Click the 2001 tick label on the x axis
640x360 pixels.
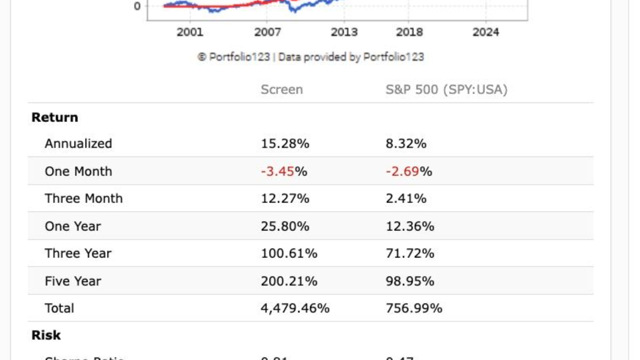tap(190, 32)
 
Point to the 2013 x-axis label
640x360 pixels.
tap(344, 32)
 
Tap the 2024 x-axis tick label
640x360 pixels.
tap(485, 32)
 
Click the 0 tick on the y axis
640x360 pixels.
tap(137, 6)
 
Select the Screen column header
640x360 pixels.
tap(281, 89)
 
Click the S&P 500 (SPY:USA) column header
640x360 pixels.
tap(446, 89)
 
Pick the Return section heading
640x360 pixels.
tap(54, 117)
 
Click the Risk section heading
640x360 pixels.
tap(46, 335)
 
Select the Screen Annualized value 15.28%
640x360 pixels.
tap(284, 144)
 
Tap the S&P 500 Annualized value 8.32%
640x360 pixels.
tap(405, 144)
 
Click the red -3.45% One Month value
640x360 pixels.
tap(283, 171)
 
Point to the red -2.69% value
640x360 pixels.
tap(408, 171)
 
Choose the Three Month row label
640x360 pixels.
tap(83, 198)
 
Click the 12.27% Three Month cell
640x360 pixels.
tap(284, 198)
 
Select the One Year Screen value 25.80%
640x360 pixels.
tap(284, 226)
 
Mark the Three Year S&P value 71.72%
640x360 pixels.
tap(409, 253)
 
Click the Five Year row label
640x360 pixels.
tap(73, 281)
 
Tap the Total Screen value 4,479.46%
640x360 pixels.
tap(294, 308)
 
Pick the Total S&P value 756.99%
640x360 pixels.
tap(413, 308)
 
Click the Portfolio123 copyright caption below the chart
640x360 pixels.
tap(310, 57)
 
